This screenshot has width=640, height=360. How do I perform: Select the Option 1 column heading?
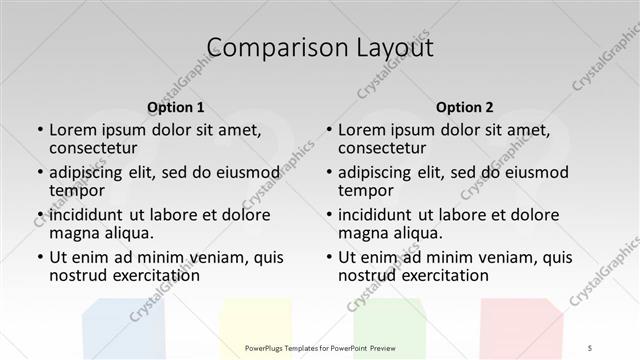(176, 107)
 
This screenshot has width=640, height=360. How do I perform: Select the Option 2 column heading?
(465, 107)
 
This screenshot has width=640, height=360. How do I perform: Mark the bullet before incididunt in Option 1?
(39, 214)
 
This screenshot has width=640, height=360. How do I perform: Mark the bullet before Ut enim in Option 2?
(328, 257)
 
